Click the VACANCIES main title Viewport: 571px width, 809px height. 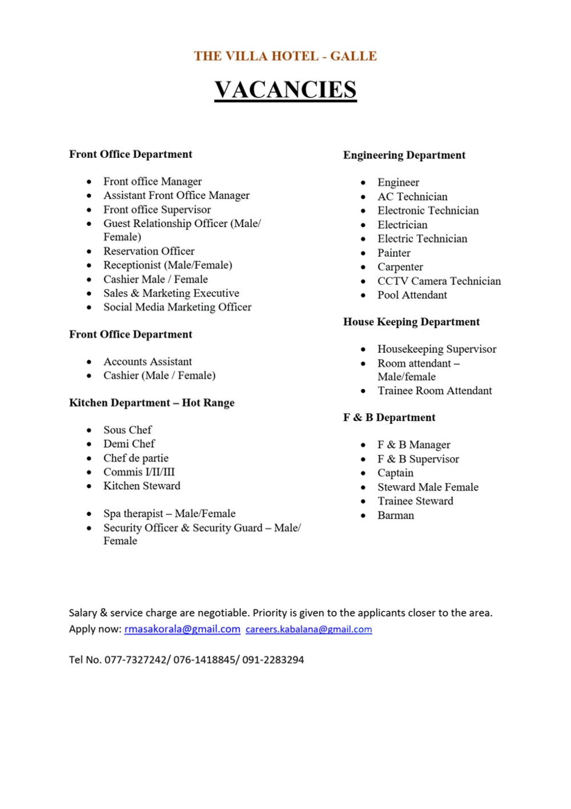285,90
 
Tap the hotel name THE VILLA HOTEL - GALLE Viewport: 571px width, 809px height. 285,56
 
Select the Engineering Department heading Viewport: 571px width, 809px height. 404,155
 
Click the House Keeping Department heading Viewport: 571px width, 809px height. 411,322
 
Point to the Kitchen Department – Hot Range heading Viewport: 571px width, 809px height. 151,402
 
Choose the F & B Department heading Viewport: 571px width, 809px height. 389,417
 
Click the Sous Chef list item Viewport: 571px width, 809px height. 127,430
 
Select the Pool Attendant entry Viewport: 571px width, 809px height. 412,295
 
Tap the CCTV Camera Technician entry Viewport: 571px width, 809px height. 439,281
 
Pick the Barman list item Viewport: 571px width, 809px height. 395,515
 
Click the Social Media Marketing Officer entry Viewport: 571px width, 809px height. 177,307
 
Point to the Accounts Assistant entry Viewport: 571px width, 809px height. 147,361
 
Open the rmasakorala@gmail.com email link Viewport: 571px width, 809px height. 182,629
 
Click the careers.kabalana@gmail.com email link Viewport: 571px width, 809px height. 308,629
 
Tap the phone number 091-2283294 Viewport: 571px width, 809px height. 273,660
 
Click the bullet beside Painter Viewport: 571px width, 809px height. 363,253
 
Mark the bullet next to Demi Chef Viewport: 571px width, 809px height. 89,444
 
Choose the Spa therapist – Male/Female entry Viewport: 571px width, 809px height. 169,513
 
